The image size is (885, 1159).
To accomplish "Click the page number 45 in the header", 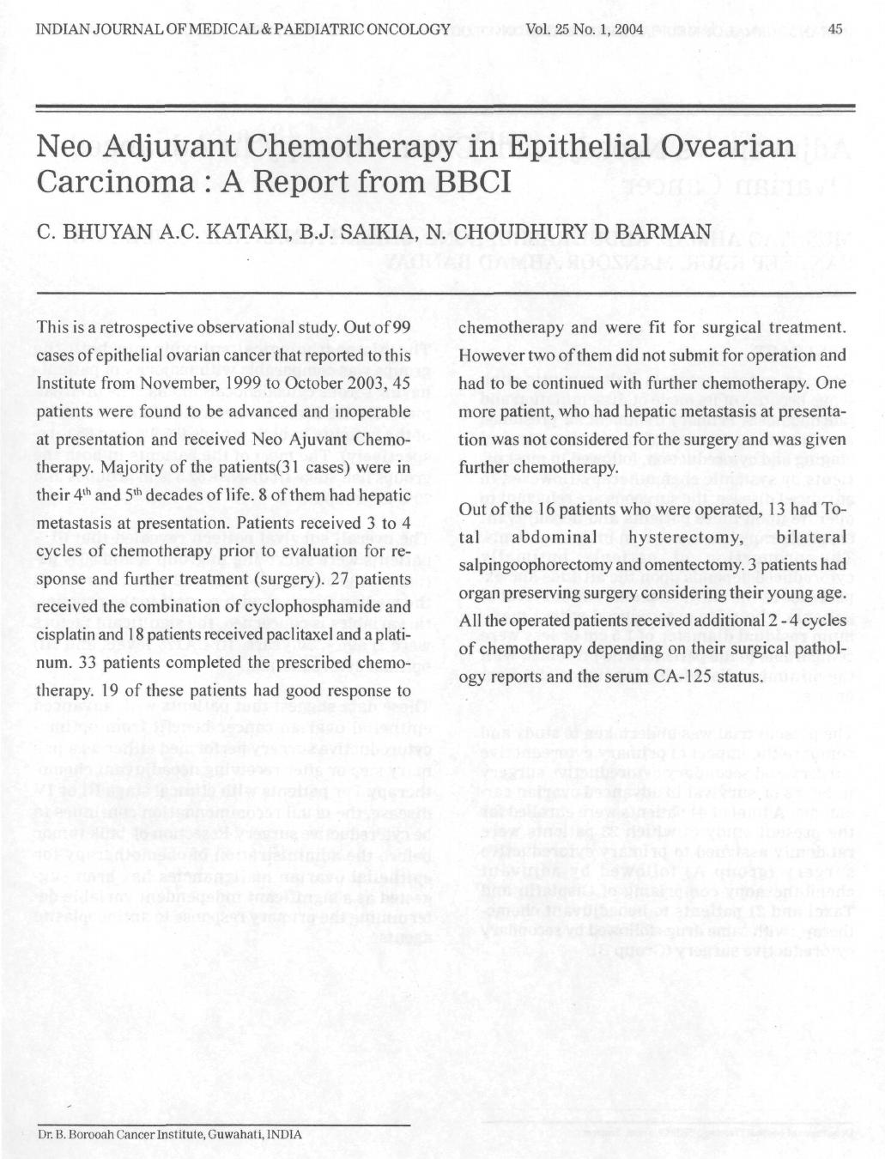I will (838, 30).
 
